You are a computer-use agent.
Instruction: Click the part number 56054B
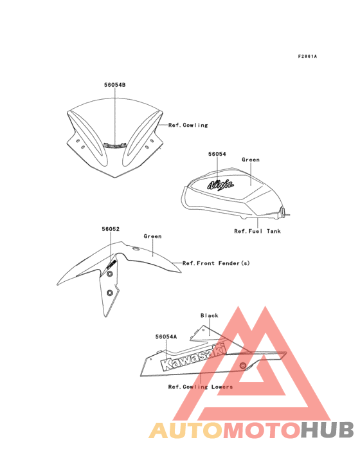pyautogui.click(x=115, y=85)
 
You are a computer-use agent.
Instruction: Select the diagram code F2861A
pyautogui.click(x=307, y=56)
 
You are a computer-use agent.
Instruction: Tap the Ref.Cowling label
pyautogui.click(x=188, y=125)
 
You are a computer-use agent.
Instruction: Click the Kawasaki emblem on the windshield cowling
pyautogui.click(x=115, y=145)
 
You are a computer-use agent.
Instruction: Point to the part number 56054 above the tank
pyautogui.click(x=217, y=154)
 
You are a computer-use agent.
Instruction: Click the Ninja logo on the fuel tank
pyautogui.click(x=221, y=184)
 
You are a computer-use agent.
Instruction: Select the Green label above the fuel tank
pyautogui.click(x=251, y=160)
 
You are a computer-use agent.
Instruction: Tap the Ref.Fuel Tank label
pyautogui.click(x=257, y=231)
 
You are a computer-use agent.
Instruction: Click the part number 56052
pyautogui.click(x=111, y=229)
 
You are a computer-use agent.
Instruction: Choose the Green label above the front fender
pyautogui.click(x=153, y=236)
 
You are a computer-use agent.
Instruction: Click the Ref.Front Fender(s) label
pyautogui.click(x=216, y=263)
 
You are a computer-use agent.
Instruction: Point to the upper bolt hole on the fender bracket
pyautogui.click(x=109, y=273)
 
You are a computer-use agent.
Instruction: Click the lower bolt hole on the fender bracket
pyautogui.click(x=110, y=293)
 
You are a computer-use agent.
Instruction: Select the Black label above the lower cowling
pyautogui.click(x=210, y=315)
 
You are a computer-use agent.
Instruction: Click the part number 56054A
pyautogui.click(x=166, y=337)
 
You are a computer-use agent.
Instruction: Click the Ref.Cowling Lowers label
pyautogui.click(x=201, y=387)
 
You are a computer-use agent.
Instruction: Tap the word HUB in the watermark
pyautogui.click(x=327, y=430)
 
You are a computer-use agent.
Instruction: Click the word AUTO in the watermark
pyautogui.click(x=186, y=430)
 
